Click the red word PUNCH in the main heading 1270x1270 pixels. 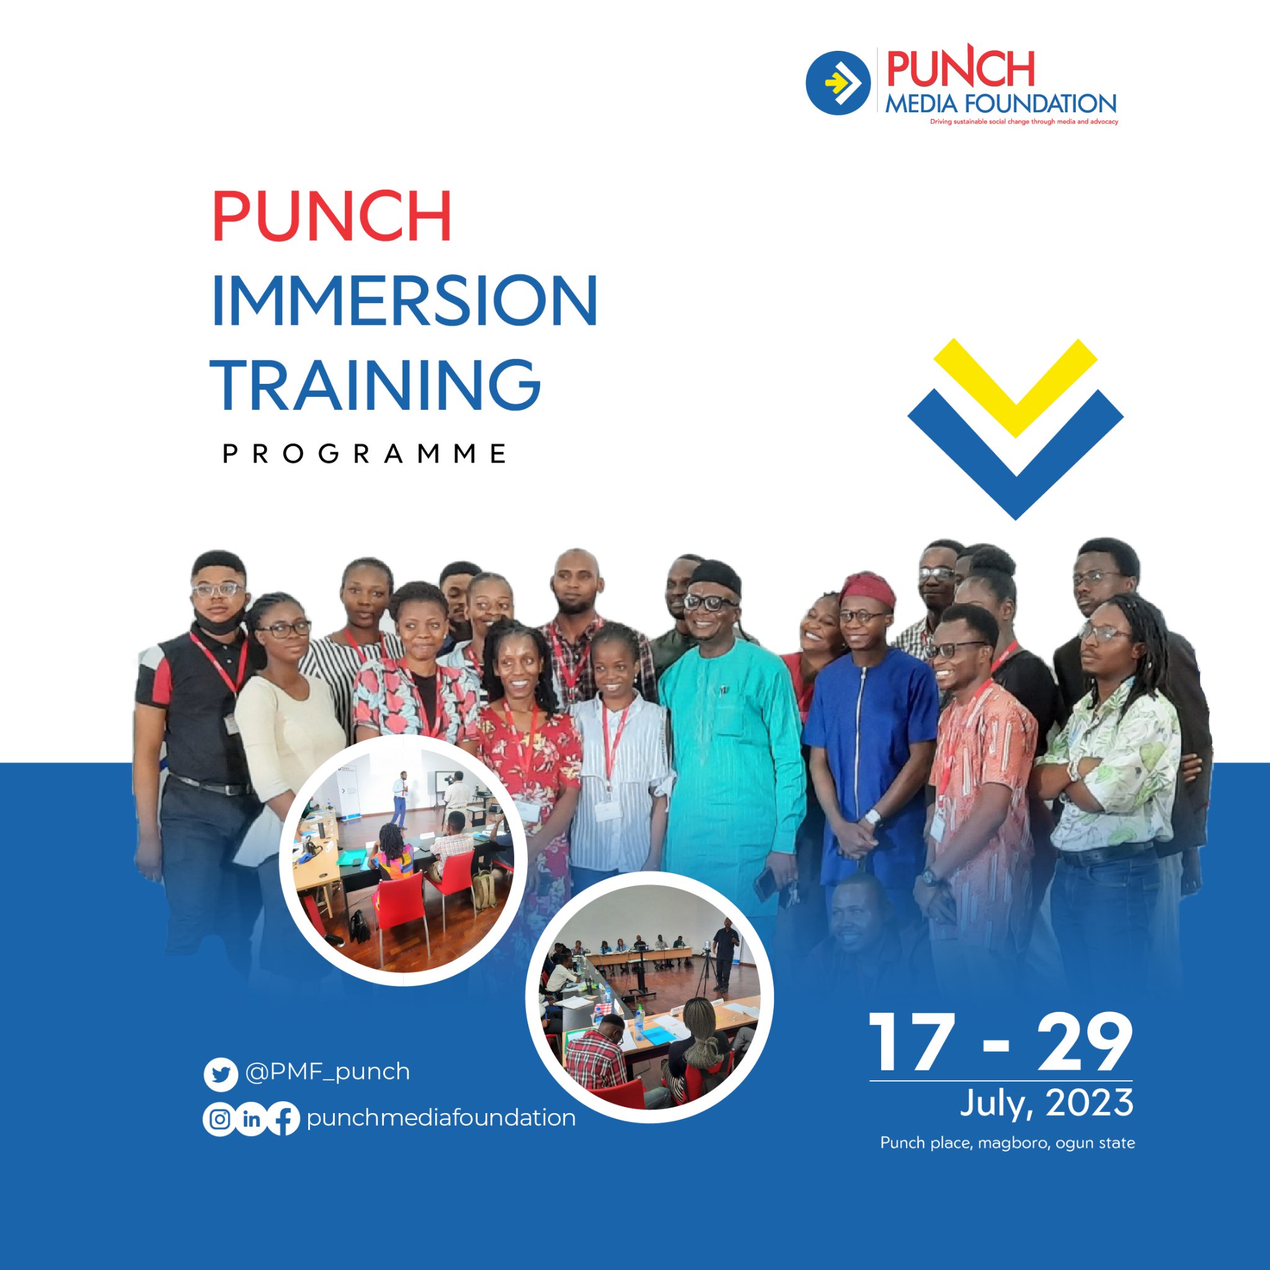coord(331,217)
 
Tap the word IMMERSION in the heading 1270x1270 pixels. coord(404,300)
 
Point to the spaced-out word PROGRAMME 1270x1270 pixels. coord(365,453)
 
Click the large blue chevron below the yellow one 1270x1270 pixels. coord(1015,460)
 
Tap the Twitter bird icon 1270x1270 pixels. coord(220,1075)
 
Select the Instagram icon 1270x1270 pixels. coord(220,1119)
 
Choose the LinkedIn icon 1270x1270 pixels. coord(251,1119)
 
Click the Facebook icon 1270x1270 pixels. coord(283,1119)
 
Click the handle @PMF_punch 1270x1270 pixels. coord(327,1072)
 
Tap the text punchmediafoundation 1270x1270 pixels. coord(440,1117)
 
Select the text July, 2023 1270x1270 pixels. coord(1047,1103)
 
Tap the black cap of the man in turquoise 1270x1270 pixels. coord(716,576)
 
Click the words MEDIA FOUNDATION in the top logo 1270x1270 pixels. coord(1000,104)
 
